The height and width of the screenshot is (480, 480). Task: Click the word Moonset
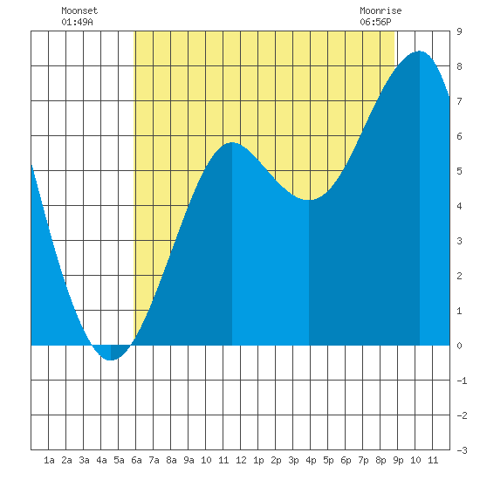click(79, 11)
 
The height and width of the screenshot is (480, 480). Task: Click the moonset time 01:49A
click(77, 23)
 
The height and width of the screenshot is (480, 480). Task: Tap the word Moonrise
click(381, 11)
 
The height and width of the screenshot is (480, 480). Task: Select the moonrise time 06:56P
click(375, 23)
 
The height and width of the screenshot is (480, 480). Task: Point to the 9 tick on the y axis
click(459, 31)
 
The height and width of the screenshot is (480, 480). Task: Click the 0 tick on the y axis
click(459, 346)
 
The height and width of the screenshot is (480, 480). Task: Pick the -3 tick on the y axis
click(462, 450)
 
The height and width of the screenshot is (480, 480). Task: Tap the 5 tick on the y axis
click(459, 171)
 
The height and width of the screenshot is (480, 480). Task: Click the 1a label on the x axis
click(49, 460)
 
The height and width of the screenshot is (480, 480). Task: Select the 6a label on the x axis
click(136, 460)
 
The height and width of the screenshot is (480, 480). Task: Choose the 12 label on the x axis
click(241, 460)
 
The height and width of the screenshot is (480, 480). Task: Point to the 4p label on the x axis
click(311, 460)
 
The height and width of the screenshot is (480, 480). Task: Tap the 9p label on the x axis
click(398, 460)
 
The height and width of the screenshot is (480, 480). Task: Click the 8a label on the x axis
click(171, 460)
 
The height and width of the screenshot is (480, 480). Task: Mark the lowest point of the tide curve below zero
click(111, 360)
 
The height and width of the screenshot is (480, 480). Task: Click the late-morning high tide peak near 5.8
click(232, 142)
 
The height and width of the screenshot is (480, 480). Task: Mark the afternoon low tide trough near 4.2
click(309, 200)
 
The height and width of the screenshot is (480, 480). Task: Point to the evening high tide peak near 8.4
click(419, 51)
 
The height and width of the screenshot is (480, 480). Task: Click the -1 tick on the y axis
click(462, 381)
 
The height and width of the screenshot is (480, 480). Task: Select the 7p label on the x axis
click(363, 460)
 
